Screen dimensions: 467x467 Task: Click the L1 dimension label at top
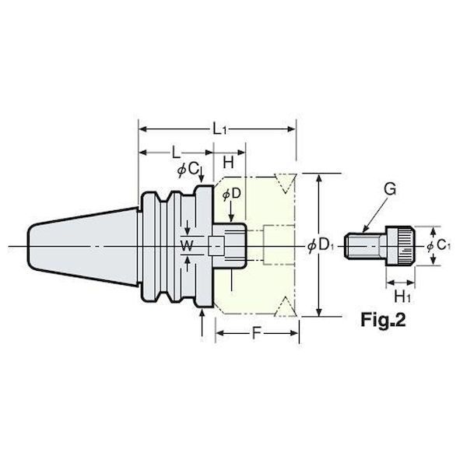(219, 129)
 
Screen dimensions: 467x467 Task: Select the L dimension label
(176, 153)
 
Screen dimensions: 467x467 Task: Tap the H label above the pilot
(228, 163)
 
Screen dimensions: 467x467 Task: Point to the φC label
(188, 170)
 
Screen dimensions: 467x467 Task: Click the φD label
(232, 194)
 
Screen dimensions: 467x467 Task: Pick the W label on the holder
(187, 246)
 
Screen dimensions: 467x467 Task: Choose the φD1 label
(321, 246)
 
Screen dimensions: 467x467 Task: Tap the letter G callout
(390, 189)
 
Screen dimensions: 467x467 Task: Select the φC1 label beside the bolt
(438, 245)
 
